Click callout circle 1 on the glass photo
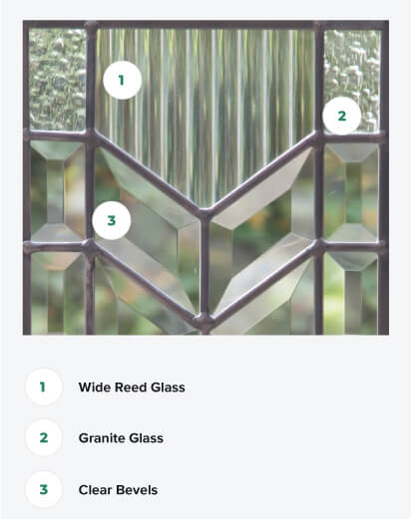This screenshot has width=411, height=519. point(122,81)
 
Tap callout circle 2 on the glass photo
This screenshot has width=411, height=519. point(341,116)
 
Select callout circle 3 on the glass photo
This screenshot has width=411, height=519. point(113,221)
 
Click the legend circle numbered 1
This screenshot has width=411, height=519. point(44,386)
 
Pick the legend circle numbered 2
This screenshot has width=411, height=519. point(44,437)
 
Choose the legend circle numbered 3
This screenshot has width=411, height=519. point(44,489)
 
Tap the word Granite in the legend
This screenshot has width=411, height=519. point(105,437)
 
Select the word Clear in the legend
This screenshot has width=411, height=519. point(97,489)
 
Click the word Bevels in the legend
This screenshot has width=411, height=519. point(138,489)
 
